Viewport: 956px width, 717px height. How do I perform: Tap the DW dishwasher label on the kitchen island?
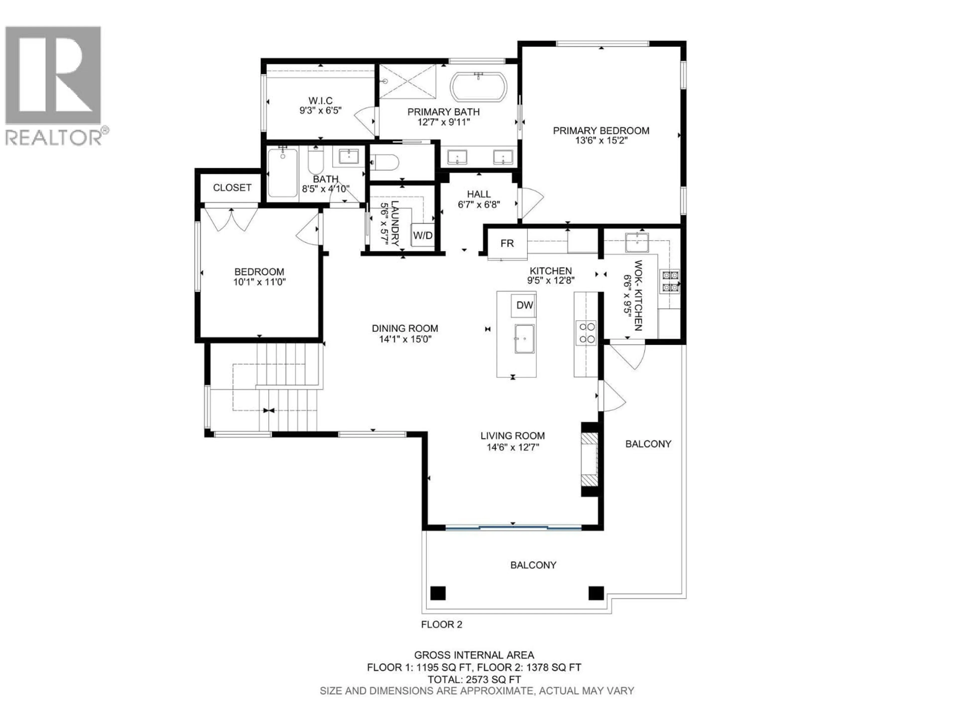[x=524, y=305]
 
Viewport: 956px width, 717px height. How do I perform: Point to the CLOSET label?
[x=232, y=187]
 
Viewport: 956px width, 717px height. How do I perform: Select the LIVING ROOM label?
[x=513, y=436]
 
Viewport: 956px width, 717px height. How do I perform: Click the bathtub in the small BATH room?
[x=282, y=173]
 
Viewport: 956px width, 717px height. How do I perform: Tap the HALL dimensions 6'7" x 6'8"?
[x=479, y=204]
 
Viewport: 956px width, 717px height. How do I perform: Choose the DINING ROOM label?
[x=405, y=328]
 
